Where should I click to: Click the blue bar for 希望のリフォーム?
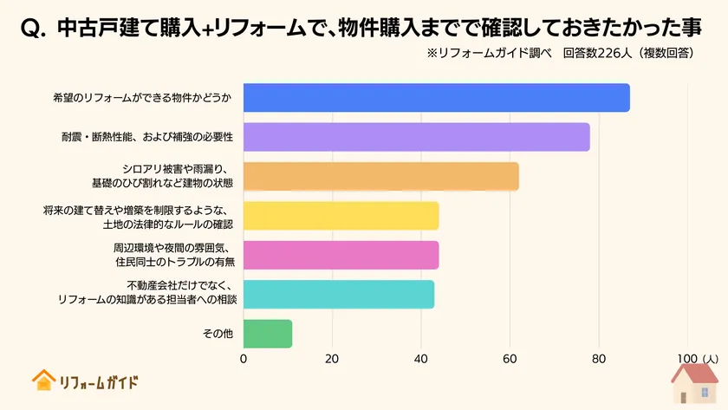pyautogui.click(x=436, y=98)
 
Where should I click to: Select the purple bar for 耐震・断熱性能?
pyautogui.click(x=416, y=137)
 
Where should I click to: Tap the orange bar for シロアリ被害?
pyautogui.click(x=380, y=176)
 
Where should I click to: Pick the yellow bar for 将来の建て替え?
pyautogui.click(x=341, y=216)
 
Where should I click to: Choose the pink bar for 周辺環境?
pyautogui.click(x=341, y=255)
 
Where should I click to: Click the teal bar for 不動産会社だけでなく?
pyautogui.click(x=338, y=295)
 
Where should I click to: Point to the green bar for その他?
pyautogui.click(x=268, y=334)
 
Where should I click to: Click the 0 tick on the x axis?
pyautogui.click(x=244, y=358)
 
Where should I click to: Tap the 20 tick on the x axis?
pyautogui.click(x=332, y=358)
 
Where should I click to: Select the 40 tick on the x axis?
pyautogui.click(x=421, y=358)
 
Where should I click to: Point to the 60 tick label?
pyautogui.click(x=510, y=358)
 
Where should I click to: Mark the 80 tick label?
pyautogui.click(x=599, y=358)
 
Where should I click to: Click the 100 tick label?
pyautogui.click(x=687, y=358)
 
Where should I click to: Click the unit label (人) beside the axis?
pyautogui.click(x=710, y=358)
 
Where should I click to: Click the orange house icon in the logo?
pyautogui.click(x=42, y=380)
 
